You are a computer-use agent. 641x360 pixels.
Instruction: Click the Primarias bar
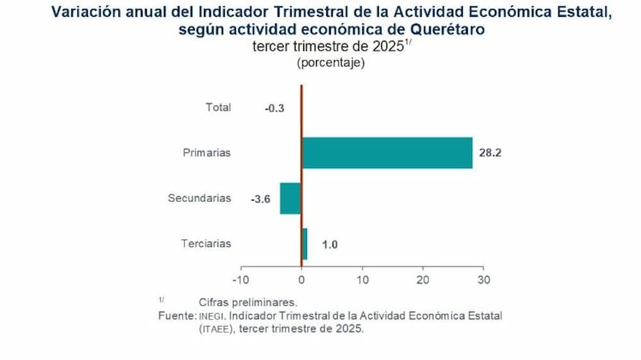point(387,153)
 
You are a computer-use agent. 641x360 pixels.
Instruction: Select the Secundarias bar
point(290,199)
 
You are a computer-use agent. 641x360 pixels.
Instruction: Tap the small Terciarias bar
point(304,244)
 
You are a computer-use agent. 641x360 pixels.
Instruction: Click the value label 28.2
point(489,154)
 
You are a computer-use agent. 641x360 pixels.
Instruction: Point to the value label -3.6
point(260,199)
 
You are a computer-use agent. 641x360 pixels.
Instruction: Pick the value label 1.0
point(329,245)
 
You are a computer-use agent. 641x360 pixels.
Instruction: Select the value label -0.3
point(274,108)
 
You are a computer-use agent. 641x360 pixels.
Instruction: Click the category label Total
point(218,108)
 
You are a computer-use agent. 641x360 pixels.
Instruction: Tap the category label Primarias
point(206,153)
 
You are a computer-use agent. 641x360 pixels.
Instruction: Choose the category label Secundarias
point(199,199)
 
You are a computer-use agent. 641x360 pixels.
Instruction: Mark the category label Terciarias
point(206,244)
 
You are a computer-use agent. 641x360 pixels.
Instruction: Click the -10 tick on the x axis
point(240,280)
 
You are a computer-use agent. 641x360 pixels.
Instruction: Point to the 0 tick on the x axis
point(301,280)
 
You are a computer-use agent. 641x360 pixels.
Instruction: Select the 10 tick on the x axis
point(362,280)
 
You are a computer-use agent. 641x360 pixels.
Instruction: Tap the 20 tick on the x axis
point(423,280)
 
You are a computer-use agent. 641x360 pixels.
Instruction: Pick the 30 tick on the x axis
point(484,280)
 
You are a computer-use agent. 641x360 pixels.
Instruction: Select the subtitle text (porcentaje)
point(331,63)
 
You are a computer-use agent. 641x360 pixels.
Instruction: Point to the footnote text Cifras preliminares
point(247,302)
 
